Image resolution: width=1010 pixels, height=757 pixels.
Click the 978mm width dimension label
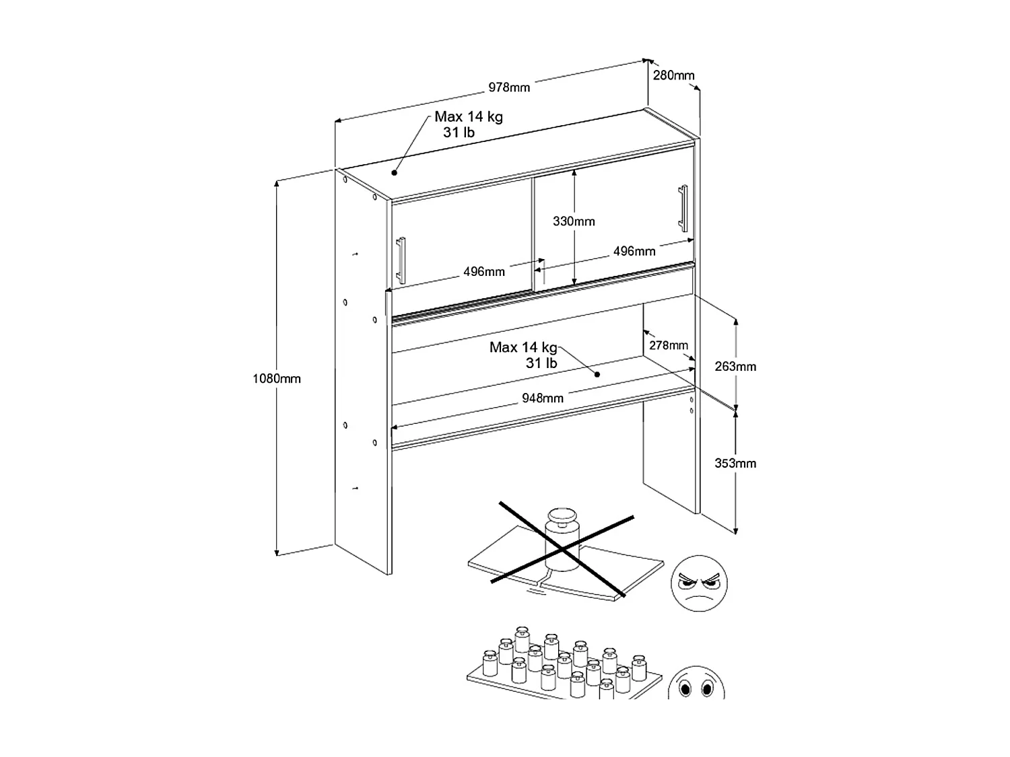tap(509, 87)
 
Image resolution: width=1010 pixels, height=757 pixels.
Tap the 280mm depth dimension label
tap(673, 75)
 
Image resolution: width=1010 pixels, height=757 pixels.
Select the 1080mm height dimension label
tap(277, 379)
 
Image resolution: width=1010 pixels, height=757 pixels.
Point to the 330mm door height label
tap(574, 221)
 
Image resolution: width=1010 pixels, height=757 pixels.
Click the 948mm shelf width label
tap(543, 398)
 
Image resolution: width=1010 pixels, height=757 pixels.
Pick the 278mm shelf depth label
tap(669, 345)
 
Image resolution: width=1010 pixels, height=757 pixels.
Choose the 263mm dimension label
tap(735, 366)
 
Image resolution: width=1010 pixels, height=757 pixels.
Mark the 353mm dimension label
tap(735, 464)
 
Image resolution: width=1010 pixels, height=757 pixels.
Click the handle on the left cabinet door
tap(401, 260)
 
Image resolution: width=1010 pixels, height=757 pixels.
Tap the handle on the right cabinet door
tap(683, 208)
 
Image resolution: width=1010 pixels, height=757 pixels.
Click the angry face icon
tap(699, 583)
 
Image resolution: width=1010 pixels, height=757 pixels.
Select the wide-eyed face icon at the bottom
tap(697, 683)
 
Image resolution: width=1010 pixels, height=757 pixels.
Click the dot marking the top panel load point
tap(395, 173)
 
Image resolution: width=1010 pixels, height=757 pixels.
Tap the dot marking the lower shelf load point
tap(597, 375)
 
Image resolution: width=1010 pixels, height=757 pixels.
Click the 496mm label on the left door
tap(484, 272)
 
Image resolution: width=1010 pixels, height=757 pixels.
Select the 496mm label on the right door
tap(634, 252)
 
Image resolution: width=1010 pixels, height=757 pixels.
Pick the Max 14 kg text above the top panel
tap(469, 116)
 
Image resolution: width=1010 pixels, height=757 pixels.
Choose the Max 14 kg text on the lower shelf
tap(523, 347)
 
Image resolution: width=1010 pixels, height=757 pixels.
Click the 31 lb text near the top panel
tap(459, 133)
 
